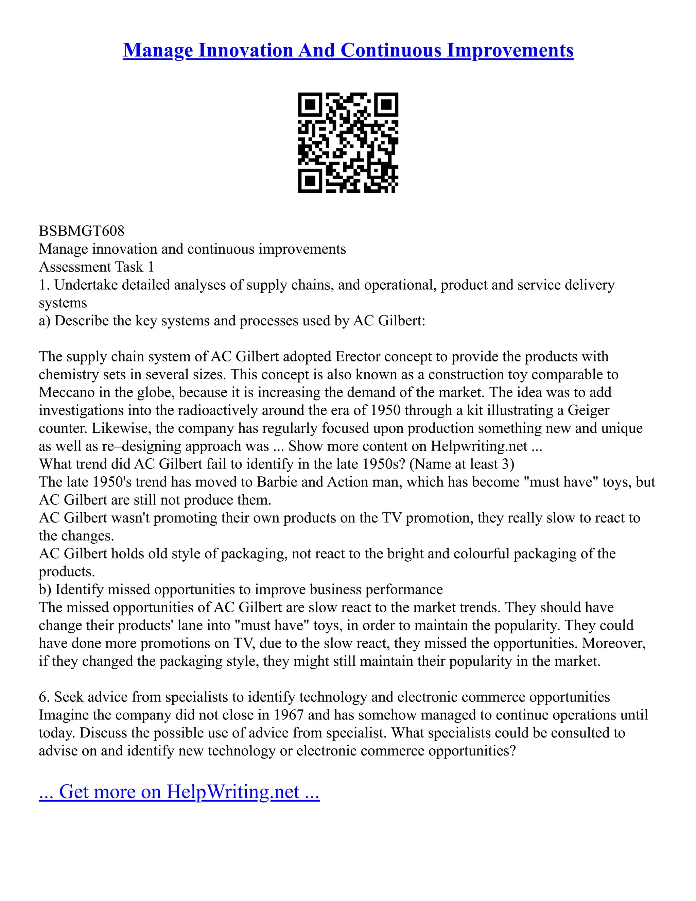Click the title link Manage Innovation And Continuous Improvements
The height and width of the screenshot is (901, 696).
(x=348, y=50)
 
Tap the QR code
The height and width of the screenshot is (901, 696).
(x=348, y=142)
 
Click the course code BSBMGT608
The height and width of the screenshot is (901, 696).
(x=82, y=231)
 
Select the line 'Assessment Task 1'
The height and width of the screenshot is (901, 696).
(x=97, y=267)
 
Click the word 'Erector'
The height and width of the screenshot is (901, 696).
(x=358, y=356)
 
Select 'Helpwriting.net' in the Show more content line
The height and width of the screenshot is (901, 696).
(x=479, y=446)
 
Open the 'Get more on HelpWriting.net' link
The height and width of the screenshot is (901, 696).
(x=179, y=792)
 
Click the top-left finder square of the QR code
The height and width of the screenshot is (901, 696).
(x=310, y=104)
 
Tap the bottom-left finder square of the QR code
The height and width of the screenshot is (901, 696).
(x=310, y=181)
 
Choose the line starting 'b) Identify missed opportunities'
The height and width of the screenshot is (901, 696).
(x=241, y=590)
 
